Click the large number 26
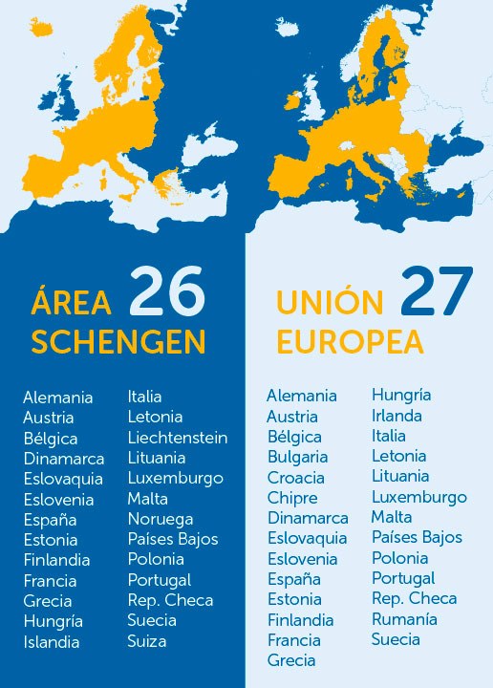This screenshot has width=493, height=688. pos(167,291)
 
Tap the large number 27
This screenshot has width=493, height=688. pos(436,291)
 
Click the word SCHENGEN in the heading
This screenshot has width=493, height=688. pos(118,341)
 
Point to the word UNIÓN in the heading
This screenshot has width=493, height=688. pos(330,303)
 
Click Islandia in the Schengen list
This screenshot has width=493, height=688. pos(52,642)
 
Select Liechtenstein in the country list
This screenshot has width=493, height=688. pos(178,438)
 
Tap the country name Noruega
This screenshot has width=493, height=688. pos(160,519)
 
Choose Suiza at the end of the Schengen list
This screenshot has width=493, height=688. pos(147,641)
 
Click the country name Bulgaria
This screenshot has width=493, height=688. pos(297,457)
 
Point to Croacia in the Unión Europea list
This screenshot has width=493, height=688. pos(295,478)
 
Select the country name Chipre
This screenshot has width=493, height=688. pos(291,498)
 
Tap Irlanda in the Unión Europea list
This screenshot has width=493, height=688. pos(397,416)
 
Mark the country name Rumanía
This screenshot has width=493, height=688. pos(404,619)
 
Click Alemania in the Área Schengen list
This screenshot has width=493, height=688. pos(58,397)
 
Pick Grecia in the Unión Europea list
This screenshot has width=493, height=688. pos(291,660)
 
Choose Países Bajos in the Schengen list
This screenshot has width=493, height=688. pos(173,539)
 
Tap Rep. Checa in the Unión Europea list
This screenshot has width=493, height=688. pos(414,598)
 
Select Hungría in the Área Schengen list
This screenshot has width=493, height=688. pos(53,621)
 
